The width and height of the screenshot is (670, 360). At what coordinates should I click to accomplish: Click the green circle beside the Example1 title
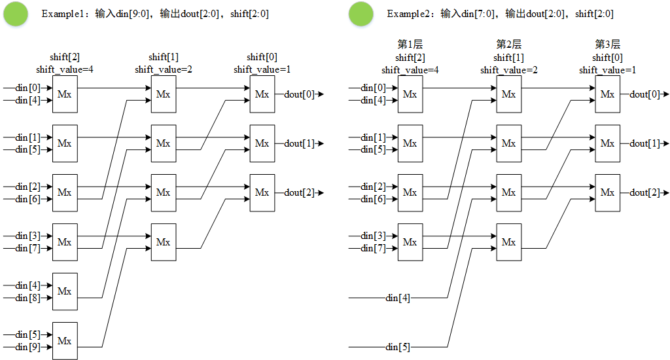pyautogui.click(x=16, y=14)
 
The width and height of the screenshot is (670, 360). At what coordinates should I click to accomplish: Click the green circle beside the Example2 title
pyautogui.click(x=361, y=14)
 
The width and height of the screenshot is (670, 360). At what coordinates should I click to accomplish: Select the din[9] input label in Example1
pyautogui.click(x=27, y=347)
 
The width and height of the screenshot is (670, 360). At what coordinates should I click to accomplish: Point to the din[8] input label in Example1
pyautogui.click(x=27, y=298)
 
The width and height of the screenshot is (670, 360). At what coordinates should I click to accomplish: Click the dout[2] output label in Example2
pyautogui.click(x=644, y=192)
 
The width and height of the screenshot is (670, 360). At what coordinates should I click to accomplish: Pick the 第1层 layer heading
pyautogui.click(x=410, y=45)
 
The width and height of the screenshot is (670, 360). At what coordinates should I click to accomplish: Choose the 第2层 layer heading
pyautogui.click(x=509, y=45)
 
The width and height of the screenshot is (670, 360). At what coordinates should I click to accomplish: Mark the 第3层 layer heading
pyautogui.click(x=608, y=45)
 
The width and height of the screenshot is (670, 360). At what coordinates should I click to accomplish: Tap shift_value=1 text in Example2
pyautogui.click(x=608, y=70)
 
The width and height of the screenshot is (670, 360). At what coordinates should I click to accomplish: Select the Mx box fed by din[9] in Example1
pyautogui.click(x=65, y=340)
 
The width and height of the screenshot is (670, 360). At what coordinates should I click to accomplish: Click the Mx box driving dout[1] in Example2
pyautogui.click(x=607, y=143)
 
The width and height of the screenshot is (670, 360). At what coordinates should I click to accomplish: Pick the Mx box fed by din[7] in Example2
pyautogui.click(x=410, y=242)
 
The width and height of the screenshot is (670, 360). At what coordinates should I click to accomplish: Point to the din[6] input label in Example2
pyautogui.click(x=373, y=199)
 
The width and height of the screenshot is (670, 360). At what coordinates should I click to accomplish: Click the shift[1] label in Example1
pyautogui.click(x=164, y=57)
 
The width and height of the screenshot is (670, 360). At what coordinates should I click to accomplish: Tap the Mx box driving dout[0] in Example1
pyautogui.click(x=262, y=94)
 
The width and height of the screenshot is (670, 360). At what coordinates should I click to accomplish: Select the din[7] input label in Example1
pyautogui.click(x=27, y=248)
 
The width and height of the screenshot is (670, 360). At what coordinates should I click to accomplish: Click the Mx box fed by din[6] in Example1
pyautogui.click(x=65, y=192)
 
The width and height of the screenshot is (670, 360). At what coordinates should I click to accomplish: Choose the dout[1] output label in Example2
pyautogui.click(x=644, y=143)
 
